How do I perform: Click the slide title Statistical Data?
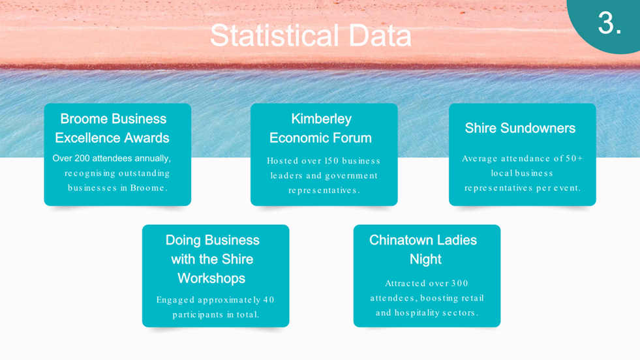pyautogui.click(x=311, y=35)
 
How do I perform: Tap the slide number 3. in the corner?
pyautogui.click(x=609, y=23)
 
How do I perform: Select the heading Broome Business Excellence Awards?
pyautogui.click(x=113, y=128)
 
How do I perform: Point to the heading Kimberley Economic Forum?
pyautogui.click(x=321, y=128)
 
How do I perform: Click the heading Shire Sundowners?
pyautogui.click(x=520, y=128)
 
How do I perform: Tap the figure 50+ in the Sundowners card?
pyautogui.click(x=574, y=158)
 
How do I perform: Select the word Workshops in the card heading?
pyautogui.click(x=211, y=278)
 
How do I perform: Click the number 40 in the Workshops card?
pyautogui.click(x=269, y=300)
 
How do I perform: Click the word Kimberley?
pyautogui.click(x=321, y=119)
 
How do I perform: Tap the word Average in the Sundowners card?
pyautogui.click(x=480, y=158)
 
